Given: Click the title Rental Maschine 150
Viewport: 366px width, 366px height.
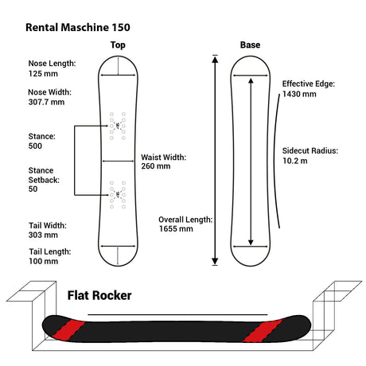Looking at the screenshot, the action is (78, 28).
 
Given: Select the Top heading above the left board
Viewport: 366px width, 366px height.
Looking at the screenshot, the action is (118, 45).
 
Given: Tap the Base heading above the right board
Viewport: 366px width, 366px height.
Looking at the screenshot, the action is (250, 45).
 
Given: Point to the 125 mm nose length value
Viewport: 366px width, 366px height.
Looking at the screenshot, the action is (43, 74).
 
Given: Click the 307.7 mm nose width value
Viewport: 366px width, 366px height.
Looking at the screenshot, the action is (46, 102).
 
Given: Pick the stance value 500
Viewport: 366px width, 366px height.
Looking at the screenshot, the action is (35, 146).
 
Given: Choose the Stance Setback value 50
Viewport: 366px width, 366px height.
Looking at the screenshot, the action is (33, 189).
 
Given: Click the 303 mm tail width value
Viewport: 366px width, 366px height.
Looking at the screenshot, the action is (43, 235).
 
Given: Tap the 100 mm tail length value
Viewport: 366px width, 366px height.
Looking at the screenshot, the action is (44, 261).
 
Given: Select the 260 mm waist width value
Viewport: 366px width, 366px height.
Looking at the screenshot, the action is (156, 166).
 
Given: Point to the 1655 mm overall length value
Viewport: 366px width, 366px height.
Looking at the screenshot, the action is (176, 229).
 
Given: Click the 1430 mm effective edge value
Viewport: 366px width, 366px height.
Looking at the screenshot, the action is (299, 94).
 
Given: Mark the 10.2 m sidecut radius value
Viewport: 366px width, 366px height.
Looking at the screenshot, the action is (295, 161).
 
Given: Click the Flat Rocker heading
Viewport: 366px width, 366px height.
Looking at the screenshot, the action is (99, 295).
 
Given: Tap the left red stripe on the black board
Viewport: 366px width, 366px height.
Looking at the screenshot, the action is (68, 330).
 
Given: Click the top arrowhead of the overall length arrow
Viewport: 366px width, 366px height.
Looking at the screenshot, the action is (215, 60).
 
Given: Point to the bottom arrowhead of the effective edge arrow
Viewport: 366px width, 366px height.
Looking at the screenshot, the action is (251, 242).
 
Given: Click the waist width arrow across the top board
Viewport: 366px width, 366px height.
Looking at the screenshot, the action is (118, 161).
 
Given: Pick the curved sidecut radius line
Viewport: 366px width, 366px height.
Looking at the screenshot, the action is (274, 159).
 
